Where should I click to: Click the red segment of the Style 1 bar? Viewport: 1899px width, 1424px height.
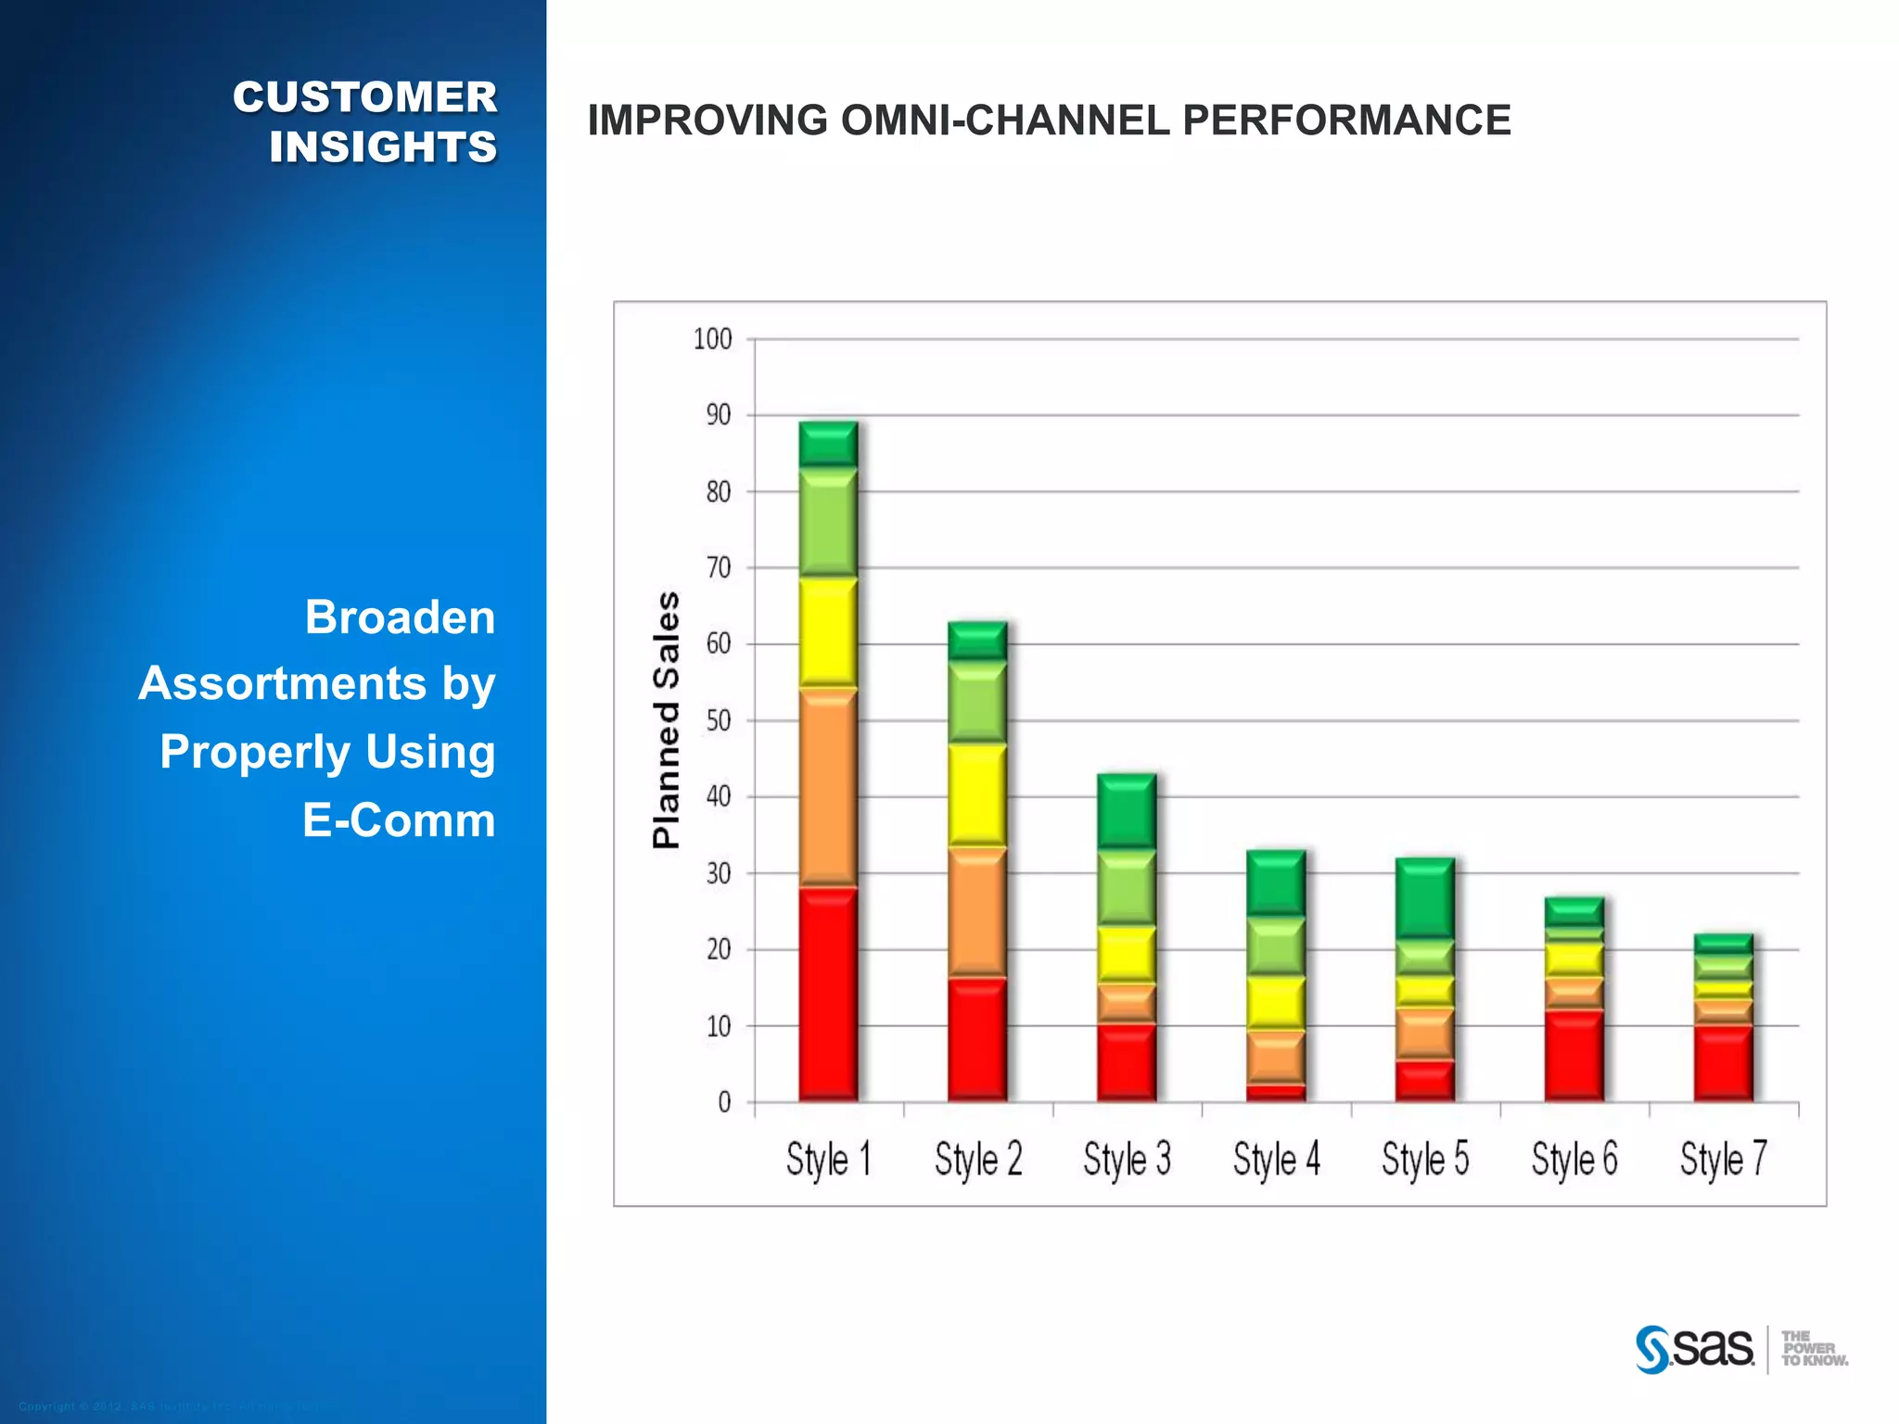[828, 994]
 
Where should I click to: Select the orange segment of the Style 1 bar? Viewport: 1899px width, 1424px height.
[828, 787]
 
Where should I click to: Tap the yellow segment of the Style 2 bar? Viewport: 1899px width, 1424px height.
[977, 795]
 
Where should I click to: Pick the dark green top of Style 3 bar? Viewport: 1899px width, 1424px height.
[1127, 810]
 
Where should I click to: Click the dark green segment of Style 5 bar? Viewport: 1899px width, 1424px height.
[1425, 897]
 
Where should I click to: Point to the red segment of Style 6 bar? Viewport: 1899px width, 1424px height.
[1574, 1055]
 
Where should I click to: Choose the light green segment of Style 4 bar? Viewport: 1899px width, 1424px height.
[1276, 946]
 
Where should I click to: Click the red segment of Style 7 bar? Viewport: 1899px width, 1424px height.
[1723, 1062]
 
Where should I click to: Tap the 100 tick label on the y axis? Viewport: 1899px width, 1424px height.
[712, 339]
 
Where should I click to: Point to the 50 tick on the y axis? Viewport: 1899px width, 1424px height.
[719, 720]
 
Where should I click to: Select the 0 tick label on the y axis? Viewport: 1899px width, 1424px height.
[724, 1102]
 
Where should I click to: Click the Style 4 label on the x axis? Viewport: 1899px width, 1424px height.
[1276, 1160]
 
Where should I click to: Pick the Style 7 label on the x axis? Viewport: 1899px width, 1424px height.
[1723, 1160]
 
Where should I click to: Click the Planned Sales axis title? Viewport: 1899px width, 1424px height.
[666, 719]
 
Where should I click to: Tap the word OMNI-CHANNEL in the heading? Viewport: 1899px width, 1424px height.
[1004, 121]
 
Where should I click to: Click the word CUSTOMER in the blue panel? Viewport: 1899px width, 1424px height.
[364, 97]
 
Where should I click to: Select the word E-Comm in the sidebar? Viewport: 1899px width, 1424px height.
[399, 820]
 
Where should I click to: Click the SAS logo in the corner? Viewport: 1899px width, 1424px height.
[1695, 1348]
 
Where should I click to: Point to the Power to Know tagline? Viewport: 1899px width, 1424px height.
[1814, 1348]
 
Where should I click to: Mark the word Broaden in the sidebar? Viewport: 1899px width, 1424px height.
[400, 617]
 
